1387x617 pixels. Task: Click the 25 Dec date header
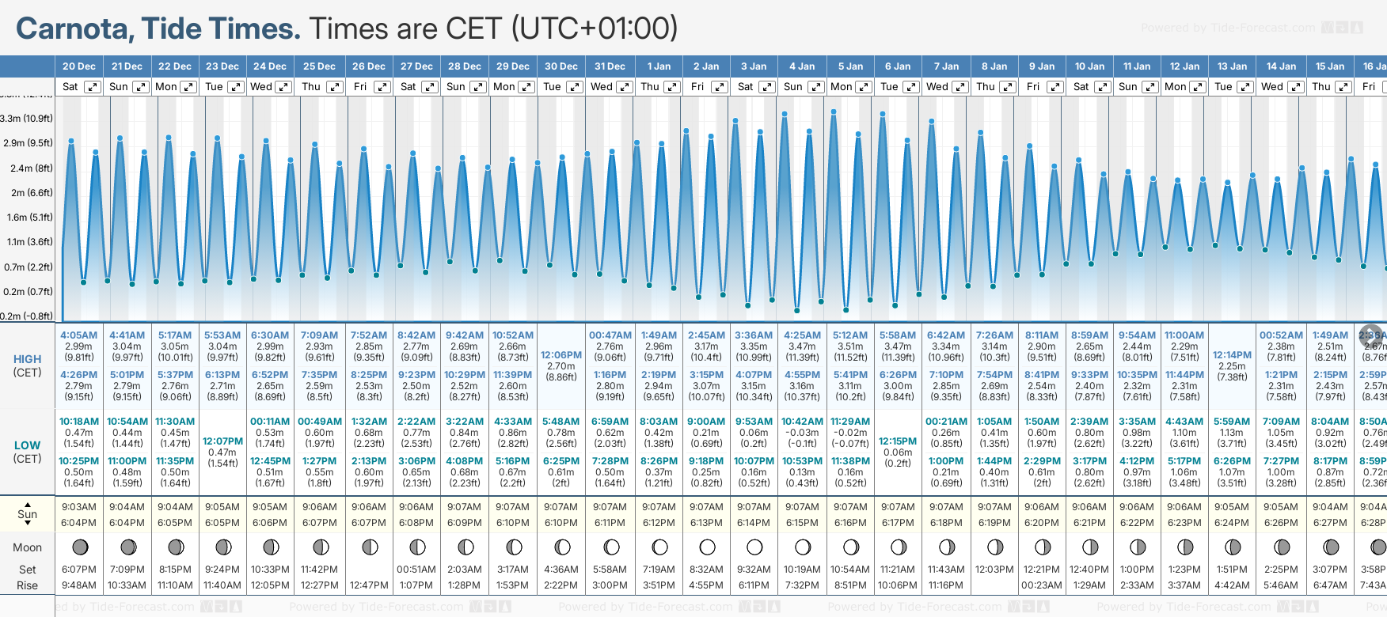(x=319, y=66)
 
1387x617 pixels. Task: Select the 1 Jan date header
(x=659, y=66)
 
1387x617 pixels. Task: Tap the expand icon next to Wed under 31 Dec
(x=624, y=87)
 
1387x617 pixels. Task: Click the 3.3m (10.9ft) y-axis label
(x=27, y=119)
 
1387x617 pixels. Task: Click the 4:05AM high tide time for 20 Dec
(x=78, y=335)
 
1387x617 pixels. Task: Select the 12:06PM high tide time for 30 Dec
(x=561, y=355)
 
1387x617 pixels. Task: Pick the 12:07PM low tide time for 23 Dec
(x=222, y=441)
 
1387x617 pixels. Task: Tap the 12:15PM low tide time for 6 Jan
(x=898, y=441)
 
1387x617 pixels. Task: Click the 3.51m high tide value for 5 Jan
(x=850, y=346)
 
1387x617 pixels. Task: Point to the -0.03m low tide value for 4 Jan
(x=802, y=433)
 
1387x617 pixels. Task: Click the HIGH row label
(x=27, y=359)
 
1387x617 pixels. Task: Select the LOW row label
(x=27, y=445)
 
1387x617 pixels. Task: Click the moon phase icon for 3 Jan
(x=754, y=547)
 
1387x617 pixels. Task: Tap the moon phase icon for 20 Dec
(x=79, y=547)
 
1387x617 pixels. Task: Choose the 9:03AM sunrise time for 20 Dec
(x=78, y=507)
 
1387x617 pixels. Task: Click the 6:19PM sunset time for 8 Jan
(x=994, y=523)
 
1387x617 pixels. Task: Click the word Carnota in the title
(x=74, y=28)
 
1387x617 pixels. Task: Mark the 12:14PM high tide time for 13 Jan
(x=1232, y=355)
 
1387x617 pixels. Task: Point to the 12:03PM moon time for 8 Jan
(x=994, y=570)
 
